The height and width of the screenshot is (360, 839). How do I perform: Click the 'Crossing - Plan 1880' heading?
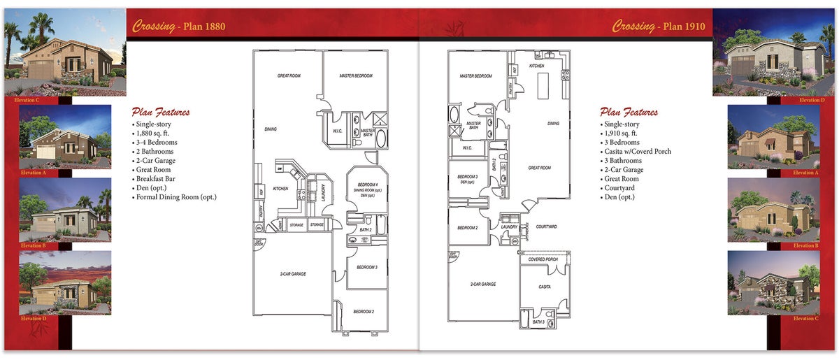tap(179, 27)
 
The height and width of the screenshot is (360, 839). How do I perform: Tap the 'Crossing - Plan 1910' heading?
tap(659, 27)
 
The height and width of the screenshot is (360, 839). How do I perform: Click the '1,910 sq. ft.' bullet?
tap(621, 134)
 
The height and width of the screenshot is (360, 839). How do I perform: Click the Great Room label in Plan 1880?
tap(289, 75)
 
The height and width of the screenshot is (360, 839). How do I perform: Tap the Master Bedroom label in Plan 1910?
tap(475, 75)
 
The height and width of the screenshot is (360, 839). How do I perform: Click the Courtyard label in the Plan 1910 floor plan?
tap(546, 226)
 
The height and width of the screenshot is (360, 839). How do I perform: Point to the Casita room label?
tap(544, 287)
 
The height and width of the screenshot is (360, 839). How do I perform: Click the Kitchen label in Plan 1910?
tap(536, 66)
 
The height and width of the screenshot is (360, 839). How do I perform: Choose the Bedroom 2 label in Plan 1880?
tap(363, 311)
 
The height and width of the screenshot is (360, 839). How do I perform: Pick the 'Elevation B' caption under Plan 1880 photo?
tap(33, 245)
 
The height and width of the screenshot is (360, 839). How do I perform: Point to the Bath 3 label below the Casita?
tap(538, 322)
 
